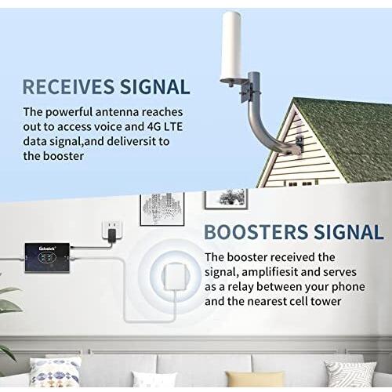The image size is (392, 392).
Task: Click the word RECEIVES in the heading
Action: pos(68,86)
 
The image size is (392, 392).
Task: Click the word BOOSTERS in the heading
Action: pos(256,232)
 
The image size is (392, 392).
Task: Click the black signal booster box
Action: pos(47,258)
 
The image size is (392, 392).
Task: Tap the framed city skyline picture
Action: pos(162,209)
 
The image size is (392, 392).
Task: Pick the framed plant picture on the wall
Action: pos(226,199)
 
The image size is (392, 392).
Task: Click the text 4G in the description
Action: pos(151,127)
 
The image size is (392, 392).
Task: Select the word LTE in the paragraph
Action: pos(172,127)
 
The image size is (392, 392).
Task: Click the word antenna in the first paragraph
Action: pos(117,112)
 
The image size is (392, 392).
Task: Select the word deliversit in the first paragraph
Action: pos(129,141)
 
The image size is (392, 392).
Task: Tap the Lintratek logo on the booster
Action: pos(46,249)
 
